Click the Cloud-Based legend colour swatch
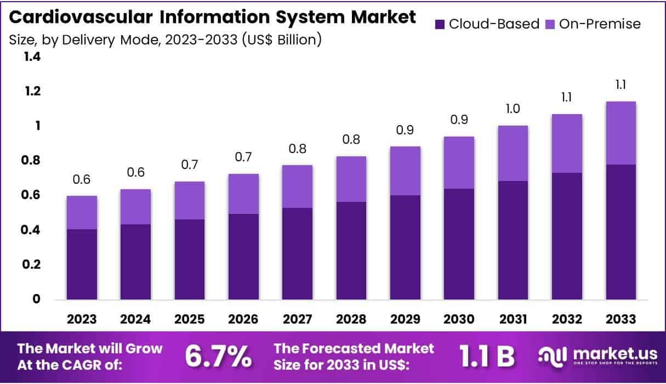[x=440, y=24]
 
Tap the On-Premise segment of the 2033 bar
[x=621, y=133]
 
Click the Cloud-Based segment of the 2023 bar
[x=82, y=264]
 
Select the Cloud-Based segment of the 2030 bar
[x=459, y=244]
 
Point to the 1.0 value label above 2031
[x=513, y=110]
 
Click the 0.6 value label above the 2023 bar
[x=82, y=180]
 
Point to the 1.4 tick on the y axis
[x=32, y=57]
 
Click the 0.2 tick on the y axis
[x=32, y=264]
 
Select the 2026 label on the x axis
[x=244, y=319]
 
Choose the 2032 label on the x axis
[x=567, y=319]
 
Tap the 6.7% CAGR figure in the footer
[x=218, y=356]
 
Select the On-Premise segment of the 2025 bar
[x=189, y=200]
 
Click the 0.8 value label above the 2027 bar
[x=297, y=149]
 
